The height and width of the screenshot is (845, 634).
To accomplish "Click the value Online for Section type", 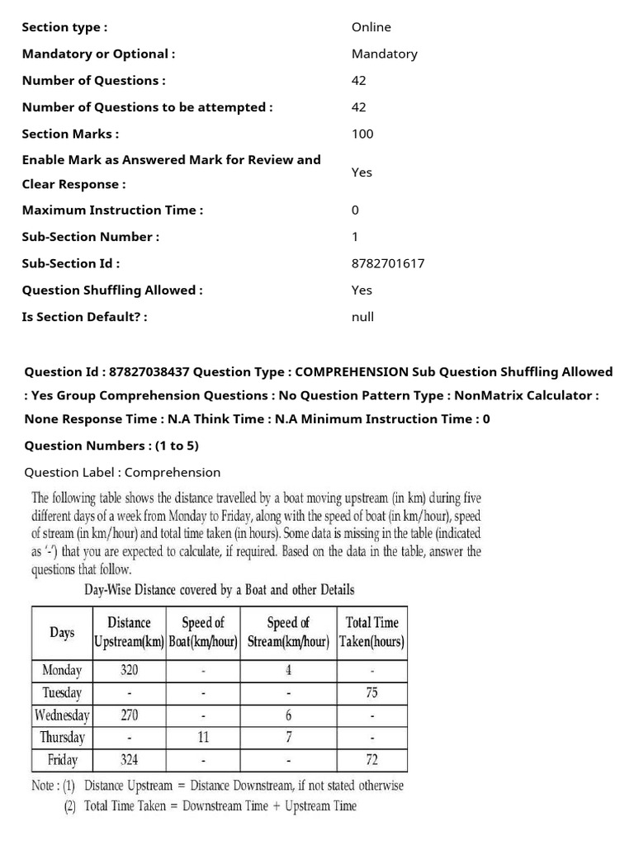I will click(x=371, y=27).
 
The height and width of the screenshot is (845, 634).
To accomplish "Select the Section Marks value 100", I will click(x=362, y=134).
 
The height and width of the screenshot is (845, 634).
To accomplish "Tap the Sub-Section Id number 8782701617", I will click(x=388, y=263).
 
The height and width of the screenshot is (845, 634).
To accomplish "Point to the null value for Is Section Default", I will click(x=362, y=316).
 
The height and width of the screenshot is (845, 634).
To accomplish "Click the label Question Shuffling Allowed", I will click(x=112, y=290).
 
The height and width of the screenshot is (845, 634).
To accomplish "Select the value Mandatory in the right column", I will click(x=384, y=54).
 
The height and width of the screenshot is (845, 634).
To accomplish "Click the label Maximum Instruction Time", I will click(x=112, y=210).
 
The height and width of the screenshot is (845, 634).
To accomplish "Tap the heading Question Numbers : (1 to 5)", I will click(x=111, y=446).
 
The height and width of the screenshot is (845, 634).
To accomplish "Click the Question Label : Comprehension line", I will click(x=122, y=472).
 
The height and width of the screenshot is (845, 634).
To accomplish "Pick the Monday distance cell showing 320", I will click(x=129, y=670).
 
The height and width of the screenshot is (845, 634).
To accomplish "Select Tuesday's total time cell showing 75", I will click(x=371, y=693).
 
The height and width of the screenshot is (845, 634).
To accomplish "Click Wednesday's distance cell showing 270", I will click(x=129, y=715).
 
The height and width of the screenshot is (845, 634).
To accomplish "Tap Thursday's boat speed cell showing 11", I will click(x=203, y=738).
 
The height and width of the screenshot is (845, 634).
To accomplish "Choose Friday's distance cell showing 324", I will click(x=129, y=760).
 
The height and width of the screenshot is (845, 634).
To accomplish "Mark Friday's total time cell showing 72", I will click(x=371, y=760).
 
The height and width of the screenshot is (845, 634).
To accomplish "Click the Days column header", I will click(x=62, y=632).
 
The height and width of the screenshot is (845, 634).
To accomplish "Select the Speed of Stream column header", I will click(x=288, y=632).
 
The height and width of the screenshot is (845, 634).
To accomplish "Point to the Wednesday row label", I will click(x=62, y=715).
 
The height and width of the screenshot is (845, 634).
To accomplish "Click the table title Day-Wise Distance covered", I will click(x=220, y=589).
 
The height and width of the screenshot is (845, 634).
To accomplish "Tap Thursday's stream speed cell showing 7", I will click(x=288, y=738).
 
